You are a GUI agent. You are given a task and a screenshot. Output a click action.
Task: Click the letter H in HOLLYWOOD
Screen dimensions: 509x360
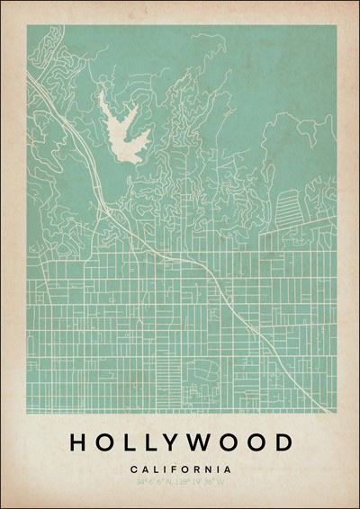[78, 442]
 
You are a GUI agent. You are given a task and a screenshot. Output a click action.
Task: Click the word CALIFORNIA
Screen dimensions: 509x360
[181, 469]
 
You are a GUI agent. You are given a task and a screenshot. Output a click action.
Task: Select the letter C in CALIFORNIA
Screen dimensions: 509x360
[133, 469]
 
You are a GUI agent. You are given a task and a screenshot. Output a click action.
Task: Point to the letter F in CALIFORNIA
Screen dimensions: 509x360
[174, 469]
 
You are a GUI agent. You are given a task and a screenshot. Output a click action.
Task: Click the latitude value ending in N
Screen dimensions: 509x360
[154, 482]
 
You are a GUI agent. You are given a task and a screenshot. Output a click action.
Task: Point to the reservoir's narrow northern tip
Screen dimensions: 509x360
[101, 94]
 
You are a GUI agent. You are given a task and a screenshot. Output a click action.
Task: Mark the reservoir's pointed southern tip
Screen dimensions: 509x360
[132, 163]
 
